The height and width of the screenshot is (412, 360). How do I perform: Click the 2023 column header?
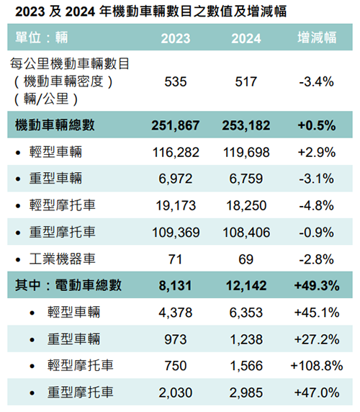(176, 38)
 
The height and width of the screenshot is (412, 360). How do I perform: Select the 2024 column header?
(246, 38)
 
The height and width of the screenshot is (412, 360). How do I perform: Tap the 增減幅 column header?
(317, 37)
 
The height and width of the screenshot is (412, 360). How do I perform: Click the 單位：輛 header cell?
(42, 37)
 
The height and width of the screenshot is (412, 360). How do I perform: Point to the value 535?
(176, 81)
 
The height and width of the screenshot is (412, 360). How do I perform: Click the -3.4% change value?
(316, 81)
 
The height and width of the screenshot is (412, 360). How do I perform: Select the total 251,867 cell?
(176, 125)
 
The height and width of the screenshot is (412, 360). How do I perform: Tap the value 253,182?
(246, 125)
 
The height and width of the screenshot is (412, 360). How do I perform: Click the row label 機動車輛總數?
(55, 125)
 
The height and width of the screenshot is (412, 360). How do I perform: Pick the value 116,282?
(176, 153)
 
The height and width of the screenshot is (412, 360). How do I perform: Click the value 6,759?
(246, 179)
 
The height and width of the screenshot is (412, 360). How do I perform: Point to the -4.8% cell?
(316, 205)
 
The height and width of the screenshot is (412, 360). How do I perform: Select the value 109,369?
(176, 233)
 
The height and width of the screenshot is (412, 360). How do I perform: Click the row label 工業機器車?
(62, 259)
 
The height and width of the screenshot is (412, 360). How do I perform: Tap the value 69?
(246, 259)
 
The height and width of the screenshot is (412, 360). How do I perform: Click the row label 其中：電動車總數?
(68, 285)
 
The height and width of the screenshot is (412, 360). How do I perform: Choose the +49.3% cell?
(317, 286)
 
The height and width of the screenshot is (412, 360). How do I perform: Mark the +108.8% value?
(317, 366)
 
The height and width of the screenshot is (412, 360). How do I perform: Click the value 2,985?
(246, 393)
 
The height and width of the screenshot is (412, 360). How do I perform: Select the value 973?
(176, 339)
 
